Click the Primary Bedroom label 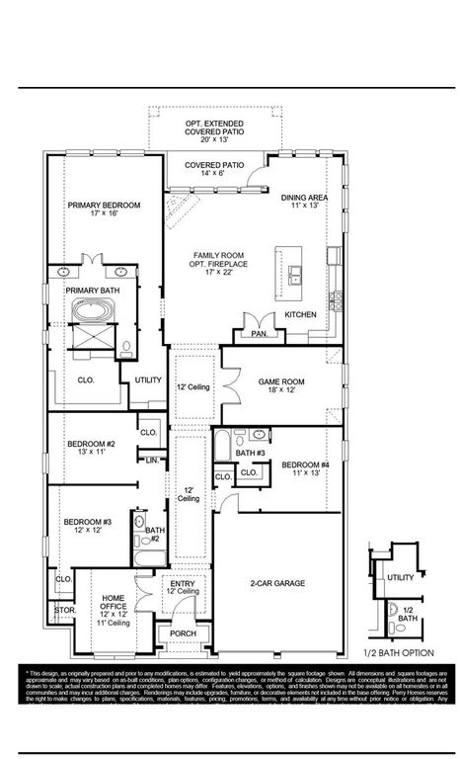point(104,210)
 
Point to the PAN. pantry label point(260,334)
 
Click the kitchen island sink point(297,272)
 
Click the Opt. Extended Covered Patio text point(215,129)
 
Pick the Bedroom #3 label point(88,526)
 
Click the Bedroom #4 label point(305,468)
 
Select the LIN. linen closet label point(152,460)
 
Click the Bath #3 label point(252,453)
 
